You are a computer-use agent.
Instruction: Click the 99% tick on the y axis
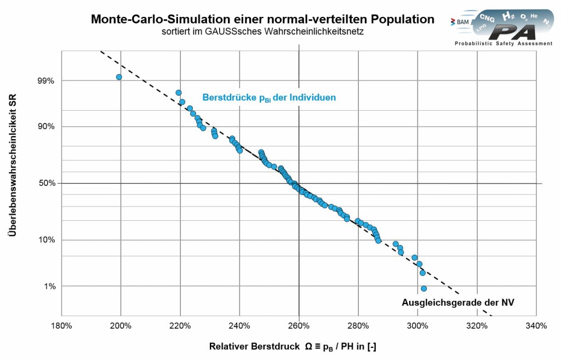tap(45, 81)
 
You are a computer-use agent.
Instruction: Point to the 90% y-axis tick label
tap(45, 127)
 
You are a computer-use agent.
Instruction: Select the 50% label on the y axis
tap(45, 183)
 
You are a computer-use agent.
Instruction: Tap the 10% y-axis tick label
tap(45, 240)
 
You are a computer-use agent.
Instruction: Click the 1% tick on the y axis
tap(47, 286)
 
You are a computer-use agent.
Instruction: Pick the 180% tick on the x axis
tap(61, 326)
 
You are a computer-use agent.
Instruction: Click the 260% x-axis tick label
tap(299, 326)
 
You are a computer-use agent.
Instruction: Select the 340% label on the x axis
tap(536, 326)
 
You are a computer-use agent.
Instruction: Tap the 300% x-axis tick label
tap(417, 326)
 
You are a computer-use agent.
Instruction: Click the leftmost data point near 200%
tap(119, 77)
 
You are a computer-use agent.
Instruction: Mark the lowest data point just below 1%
tap(423, 288)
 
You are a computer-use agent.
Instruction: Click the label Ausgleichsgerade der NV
tap(457, 302)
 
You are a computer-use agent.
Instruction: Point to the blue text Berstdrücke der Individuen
tap(269, 98)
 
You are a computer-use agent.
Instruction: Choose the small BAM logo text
tap(460, 21)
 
